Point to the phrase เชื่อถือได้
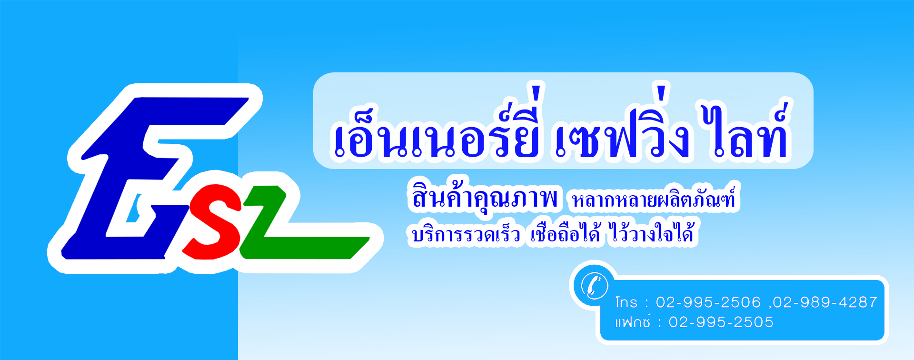(566, 232)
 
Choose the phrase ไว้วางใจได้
(652, 232)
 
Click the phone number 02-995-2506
(708, 302)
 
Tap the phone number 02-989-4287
(825, 302)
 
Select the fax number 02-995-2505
(721, 322)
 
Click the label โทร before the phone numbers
(626, 302)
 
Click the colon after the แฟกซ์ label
(659, 323)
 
